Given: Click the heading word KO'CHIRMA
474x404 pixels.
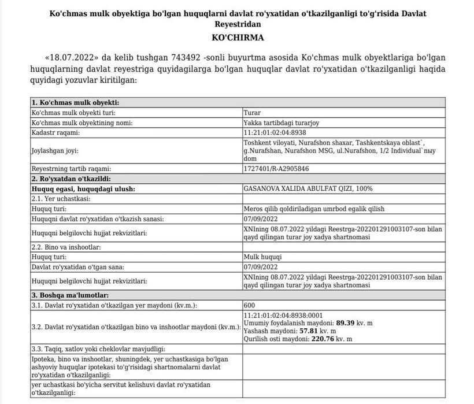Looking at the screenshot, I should click(238, 38).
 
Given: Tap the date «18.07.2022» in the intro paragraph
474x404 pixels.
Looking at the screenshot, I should click(72, 58).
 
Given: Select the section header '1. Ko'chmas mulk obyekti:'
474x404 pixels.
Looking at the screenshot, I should click(75, 103).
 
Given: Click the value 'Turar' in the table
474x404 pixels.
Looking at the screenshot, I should click(252, 113).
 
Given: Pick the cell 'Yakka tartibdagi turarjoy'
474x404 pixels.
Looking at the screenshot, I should click(282, 123).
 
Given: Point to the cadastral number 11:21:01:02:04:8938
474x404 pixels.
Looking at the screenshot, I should click(279, 132).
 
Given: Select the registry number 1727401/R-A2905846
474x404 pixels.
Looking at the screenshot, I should click(276, 169).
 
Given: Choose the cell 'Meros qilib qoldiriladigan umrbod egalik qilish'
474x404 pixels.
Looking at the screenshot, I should click(314, 209).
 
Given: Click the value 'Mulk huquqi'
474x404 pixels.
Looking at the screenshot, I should click(262, 257).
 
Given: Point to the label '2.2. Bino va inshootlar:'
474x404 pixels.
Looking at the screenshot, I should click(66, 247).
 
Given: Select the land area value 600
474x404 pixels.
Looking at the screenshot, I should click(250, 305).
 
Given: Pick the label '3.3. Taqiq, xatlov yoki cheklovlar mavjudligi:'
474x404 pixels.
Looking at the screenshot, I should click(98, 349).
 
